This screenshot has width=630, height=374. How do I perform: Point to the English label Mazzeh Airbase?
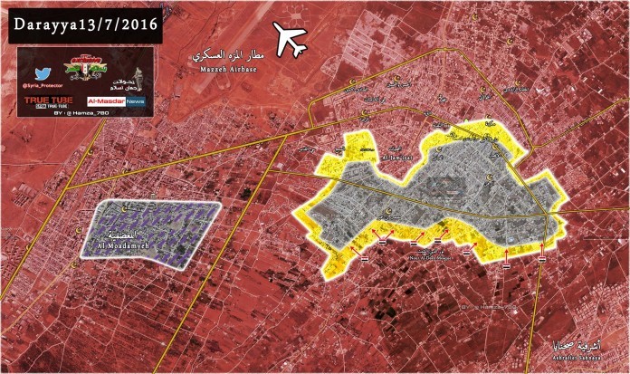tap(222, 68)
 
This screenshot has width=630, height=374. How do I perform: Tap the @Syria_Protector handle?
tap(43, 86)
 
